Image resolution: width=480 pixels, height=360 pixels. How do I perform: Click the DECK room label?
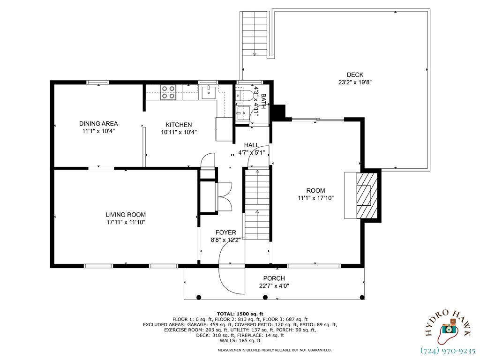click(355, 75)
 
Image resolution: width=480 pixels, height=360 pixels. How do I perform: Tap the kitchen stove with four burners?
click(168, 92)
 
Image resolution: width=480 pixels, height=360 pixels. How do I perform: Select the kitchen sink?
click(208, 92)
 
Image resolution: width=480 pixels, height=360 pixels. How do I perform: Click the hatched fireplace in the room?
click(367, 195)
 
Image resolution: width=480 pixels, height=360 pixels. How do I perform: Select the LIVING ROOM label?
click(125, 215)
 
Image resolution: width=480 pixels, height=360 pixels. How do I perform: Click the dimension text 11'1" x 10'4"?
click(98, 132)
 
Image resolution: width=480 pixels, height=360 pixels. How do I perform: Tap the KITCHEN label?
click(179, 125)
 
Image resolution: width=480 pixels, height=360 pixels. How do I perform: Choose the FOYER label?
click(225, 232)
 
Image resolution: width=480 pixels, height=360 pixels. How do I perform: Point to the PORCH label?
click(274, 278)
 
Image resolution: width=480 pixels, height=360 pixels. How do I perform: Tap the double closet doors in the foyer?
click(224, 197)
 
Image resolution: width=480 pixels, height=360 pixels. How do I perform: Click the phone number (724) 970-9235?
click(448, 350)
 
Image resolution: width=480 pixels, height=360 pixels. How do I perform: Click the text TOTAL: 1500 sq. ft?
click(240, 314)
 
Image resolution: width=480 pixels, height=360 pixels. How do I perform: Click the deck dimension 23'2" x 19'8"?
click(355, 82)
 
